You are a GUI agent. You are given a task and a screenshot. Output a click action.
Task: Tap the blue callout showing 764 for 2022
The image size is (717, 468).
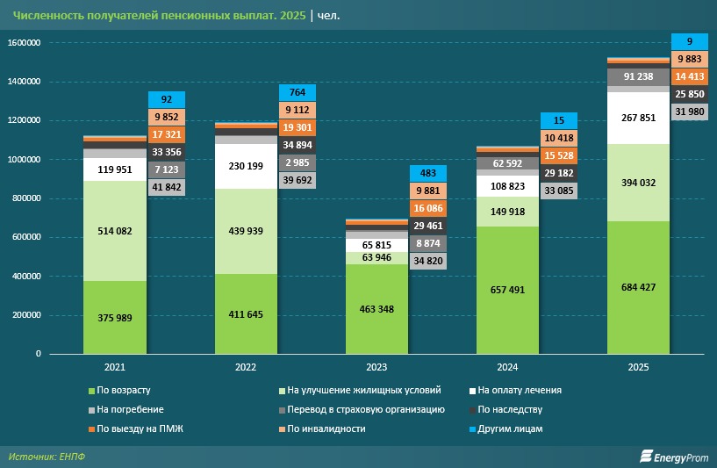[298, 92]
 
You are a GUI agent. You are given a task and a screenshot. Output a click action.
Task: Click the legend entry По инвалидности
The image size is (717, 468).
[325, 428]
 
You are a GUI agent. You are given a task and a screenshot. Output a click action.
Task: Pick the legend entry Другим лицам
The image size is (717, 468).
[509, 428]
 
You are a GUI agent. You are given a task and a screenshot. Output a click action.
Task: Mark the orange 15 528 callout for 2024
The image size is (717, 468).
[559, 155]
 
